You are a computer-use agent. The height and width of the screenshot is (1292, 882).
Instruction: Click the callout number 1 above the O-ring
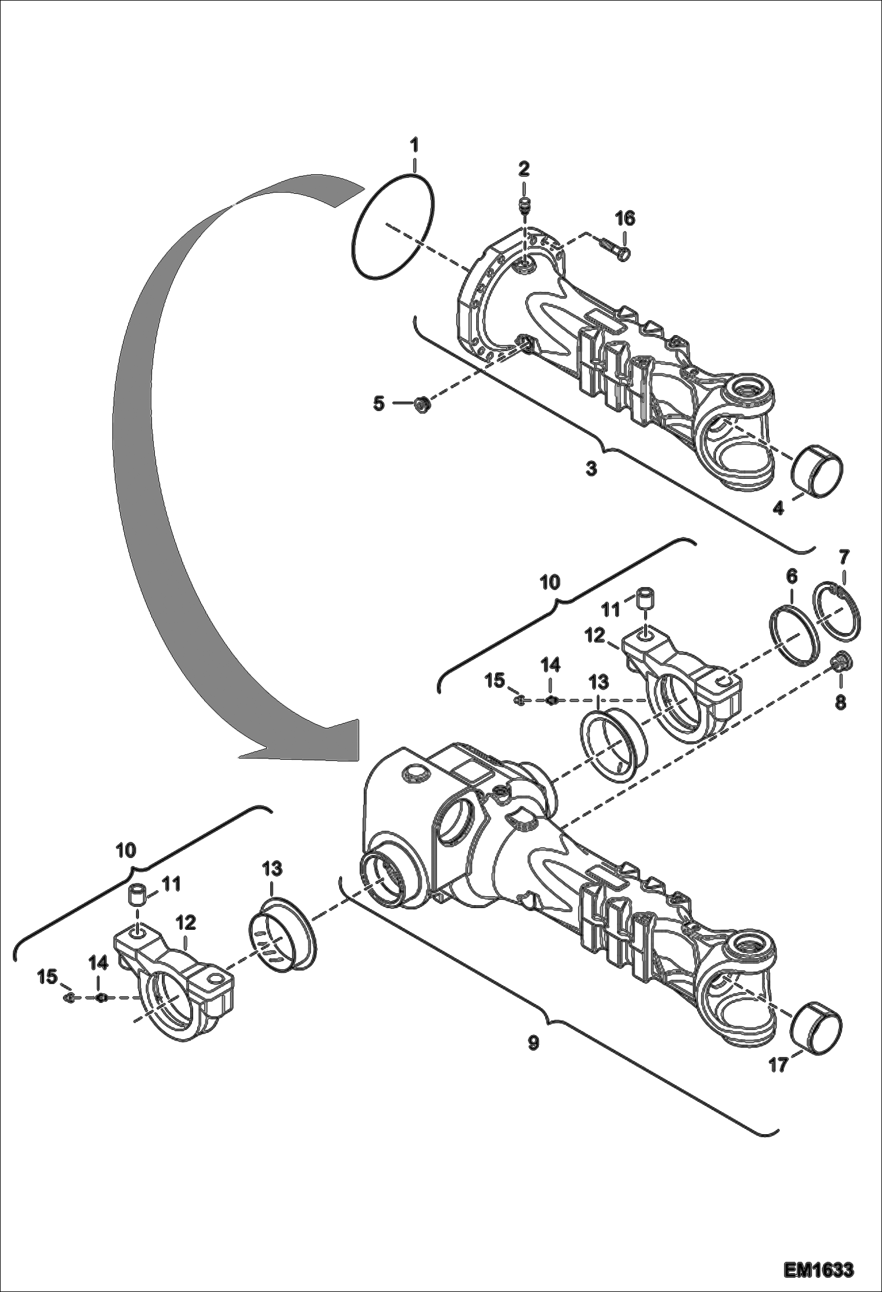point(415,144)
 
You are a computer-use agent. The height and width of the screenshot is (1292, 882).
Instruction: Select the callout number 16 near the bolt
point(625,219)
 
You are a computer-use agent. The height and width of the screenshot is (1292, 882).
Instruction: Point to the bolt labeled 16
point(616,249)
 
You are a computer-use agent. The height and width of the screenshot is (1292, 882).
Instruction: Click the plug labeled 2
point(523,205)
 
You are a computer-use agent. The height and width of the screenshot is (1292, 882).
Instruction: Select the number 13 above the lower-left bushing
point(273,868)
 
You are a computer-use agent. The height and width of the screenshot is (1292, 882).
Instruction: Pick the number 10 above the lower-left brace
point(126,850)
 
